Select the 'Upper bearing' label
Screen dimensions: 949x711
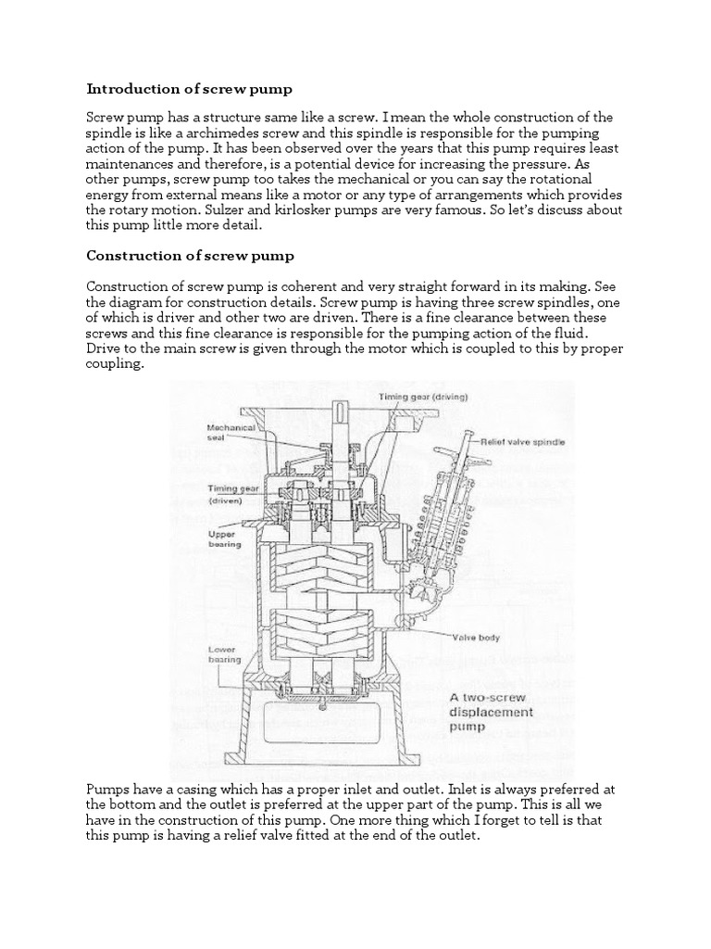point(224,538)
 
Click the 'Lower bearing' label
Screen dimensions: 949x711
point(224,654)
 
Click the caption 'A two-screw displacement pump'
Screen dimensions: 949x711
point(492,712)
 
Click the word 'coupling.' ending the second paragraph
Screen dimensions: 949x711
point(116,364)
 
